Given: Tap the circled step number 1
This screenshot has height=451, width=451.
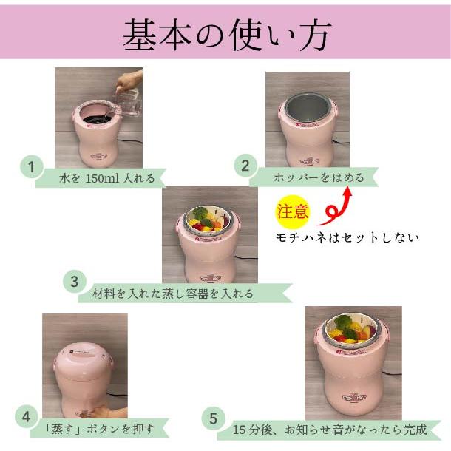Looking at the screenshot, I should [x=30, y=167].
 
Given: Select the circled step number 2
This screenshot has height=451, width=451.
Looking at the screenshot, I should [x=245, y=166].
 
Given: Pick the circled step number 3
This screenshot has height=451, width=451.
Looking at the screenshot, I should [x=74, y=282].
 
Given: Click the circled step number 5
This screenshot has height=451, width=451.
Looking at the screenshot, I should [x=213, y=419].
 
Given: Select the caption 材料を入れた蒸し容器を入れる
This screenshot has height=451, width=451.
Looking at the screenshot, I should [x=173, y=294].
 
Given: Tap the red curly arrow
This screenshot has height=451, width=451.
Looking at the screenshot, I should [x=336, y=206].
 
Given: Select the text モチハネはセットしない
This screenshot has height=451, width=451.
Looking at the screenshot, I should [x=347, y=237].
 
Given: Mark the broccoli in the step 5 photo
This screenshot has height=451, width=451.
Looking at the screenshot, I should [x=344, y=323].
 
